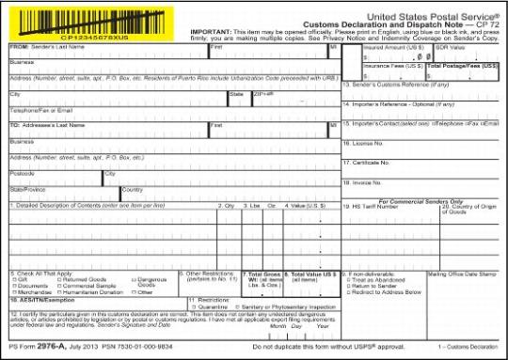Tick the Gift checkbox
[12, 279]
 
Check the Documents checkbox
[12, 286]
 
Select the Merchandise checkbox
[12, 292]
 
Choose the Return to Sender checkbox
[346, 286]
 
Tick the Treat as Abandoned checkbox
[346, 279]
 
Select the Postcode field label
[23, 173]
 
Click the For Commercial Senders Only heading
[415, 200]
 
